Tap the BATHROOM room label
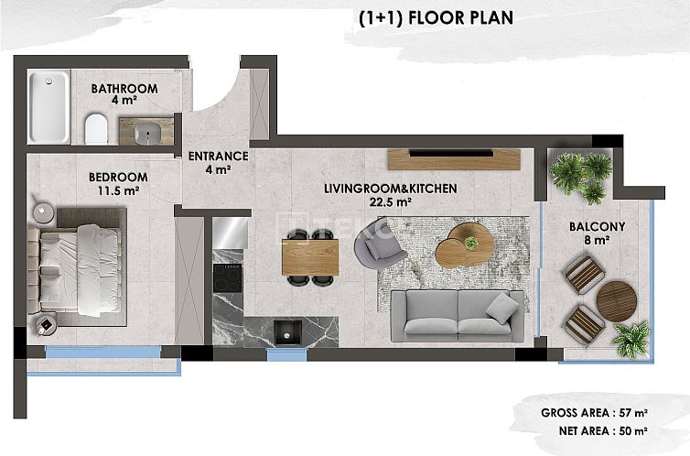point(124,89)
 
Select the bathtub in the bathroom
point(47,106)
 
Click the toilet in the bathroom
point(96,128)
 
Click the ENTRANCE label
point(218,157)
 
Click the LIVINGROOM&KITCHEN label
point(390,189)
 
